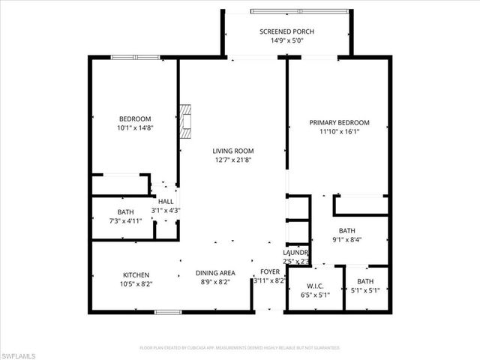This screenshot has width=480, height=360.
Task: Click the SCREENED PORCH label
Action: [286, 31]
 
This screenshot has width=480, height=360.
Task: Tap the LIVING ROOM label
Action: [233, 150]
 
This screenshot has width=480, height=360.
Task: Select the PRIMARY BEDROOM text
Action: [340, 122]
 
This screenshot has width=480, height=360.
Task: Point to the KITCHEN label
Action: [136, 275]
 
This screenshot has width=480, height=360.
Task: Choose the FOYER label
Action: [269, 272]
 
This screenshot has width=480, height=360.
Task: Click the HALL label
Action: [166, 202]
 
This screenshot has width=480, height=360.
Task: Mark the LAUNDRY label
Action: [295, 253]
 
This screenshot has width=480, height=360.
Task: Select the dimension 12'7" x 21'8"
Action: [233, 159]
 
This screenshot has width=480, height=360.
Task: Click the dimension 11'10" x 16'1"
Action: [340, 131]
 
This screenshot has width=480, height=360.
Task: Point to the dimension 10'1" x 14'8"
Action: [135, 128]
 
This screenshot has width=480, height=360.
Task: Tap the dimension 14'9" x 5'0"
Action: [286, 41]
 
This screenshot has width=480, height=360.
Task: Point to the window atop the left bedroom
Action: [135, 58]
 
